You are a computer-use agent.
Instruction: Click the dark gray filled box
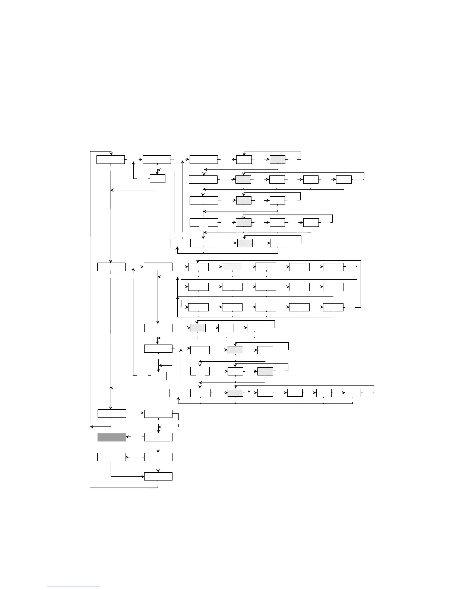[x=112, y=437]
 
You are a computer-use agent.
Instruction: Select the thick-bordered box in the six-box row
[x=295, y=393]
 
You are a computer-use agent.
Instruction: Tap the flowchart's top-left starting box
[x=110, y=159]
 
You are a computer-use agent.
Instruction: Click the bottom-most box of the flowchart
[x=158, y=476]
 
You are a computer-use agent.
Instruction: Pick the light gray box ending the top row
[x=278, y=159]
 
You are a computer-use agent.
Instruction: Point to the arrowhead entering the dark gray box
[x=128, y=437]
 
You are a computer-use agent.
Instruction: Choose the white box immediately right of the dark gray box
[x=158, y=437]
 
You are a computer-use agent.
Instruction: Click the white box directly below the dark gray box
[x=111, y=457]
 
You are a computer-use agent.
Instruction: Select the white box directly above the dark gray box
[x=112, y=413]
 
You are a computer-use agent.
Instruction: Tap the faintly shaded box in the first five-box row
[x=232, y=267]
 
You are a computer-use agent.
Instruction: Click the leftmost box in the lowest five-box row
[x=198, y=307]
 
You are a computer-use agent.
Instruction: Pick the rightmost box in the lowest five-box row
[x=333, y=307]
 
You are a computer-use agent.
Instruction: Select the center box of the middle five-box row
[x=266, y=287]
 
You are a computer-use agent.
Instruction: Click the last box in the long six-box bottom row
[x=353, y=393]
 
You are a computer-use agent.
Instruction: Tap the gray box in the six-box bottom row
[x=235, y=393]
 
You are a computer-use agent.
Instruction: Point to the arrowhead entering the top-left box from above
[x=111, y=154]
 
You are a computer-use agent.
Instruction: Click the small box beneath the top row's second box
[x=158, y=178]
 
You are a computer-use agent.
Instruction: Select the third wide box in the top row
[x=203, y=159]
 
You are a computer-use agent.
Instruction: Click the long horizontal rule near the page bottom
[x=233, y=564]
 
